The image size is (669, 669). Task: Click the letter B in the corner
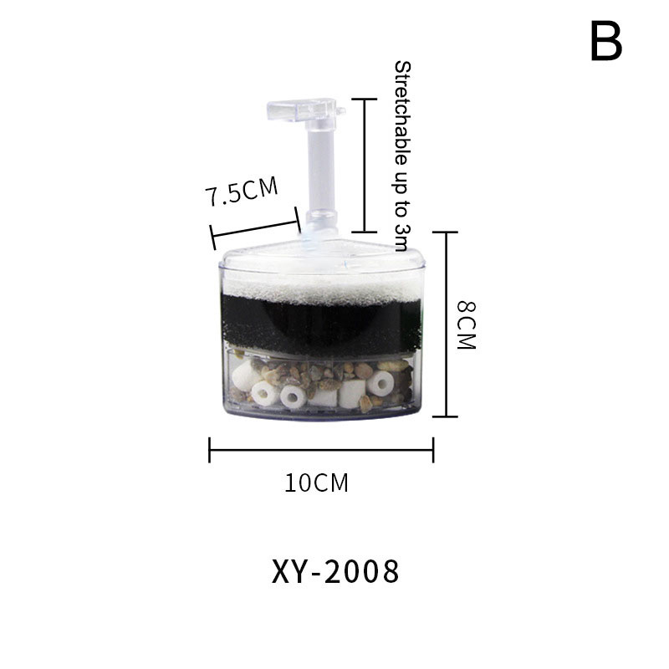click(x=606, y=42)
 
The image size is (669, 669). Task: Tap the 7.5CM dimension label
click(x=242, y=191)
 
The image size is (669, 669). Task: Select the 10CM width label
click(x=316, y=483)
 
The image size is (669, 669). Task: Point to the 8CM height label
click(x=467, y=325)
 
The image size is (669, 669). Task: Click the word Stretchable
click(x=403, y=113)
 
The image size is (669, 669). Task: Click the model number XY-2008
click(x=335, y=571)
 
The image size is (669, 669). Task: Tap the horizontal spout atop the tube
click(x=302, y=110)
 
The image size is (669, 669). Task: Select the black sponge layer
click(x=322, y=325)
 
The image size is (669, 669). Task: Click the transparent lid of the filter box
click(x=322, y=258)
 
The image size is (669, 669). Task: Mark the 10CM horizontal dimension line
click(x=321, y=450)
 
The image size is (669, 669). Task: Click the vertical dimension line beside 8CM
click(x=446, y=324)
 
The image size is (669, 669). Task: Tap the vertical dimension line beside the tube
click(x=364, y=166)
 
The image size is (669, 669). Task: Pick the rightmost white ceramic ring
click(x=380, y=383)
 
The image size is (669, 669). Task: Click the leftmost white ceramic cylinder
click(x=245, y=375)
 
